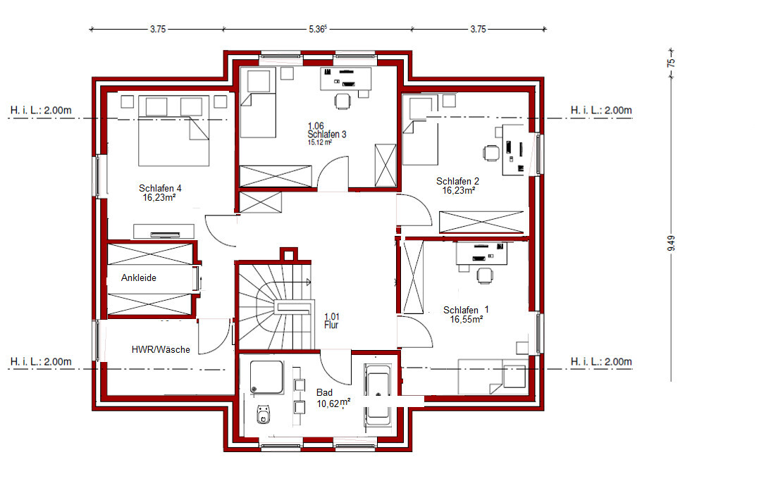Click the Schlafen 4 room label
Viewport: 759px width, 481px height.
click(x=160, y=188)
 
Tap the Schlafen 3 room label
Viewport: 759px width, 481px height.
click(x=327, y=134)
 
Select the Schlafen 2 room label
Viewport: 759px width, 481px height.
click(x=457, y=181)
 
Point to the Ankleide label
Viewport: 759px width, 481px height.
click(x=138, y=277)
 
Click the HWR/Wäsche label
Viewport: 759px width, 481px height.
click(x=161, y=349)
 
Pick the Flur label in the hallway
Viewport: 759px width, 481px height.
click(x=331, y=325)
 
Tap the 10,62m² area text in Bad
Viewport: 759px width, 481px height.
click(x=333, y=403)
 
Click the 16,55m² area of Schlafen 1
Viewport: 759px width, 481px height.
click(x=467, y=320)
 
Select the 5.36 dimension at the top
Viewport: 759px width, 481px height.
click(x=318, y=29)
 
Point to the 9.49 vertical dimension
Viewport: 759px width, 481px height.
click(x=671, y=243)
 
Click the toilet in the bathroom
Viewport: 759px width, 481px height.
click(x=264, y=414)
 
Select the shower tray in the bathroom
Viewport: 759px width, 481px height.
click(x=266, y=377)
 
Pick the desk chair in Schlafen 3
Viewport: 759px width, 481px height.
click(x=343, y=101)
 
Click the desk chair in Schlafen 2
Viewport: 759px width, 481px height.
click(x=491, y=153)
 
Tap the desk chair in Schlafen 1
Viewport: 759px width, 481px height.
click(x=485, y=275)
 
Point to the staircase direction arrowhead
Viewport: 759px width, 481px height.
click(x=309, y=282)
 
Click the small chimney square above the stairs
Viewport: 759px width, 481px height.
click(x=288, y=254)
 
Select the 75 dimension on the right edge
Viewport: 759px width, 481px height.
click(x=671, y=63)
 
